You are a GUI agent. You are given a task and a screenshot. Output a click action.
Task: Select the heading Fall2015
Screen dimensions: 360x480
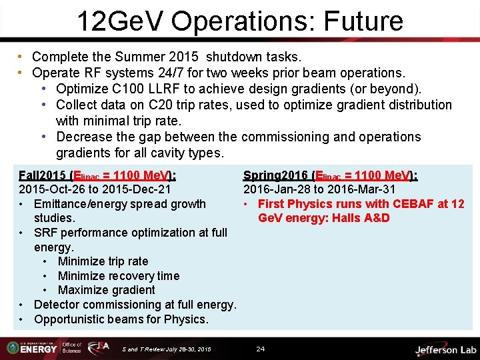[43, 175]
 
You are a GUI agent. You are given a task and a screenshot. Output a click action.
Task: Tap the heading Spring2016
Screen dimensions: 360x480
[275, 175]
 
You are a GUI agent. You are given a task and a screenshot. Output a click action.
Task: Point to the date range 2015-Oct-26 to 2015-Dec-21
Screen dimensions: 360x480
[94, 189]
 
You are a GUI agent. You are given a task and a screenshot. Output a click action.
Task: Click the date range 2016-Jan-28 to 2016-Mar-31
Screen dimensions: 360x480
[319, 189]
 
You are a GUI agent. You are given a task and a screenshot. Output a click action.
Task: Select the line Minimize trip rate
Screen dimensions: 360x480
[103, 261]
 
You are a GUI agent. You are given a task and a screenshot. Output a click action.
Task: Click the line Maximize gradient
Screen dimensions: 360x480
[106, 290]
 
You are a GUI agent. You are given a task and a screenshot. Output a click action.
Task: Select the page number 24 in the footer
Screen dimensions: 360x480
[261, 349]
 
